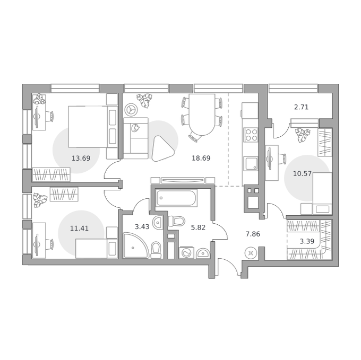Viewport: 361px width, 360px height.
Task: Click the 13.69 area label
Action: pyautogui.click(x=81, y=158)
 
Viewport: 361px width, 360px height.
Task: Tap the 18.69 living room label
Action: pyautogui.click(x=201, y=158)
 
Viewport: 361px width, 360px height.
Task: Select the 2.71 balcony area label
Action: pyautogui.click(x=301, y=107)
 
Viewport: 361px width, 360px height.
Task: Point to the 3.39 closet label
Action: pyautogui.click(x=307, y=241)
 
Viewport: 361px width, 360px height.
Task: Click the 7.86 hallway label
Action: pyautogui.click(x=253, y=234)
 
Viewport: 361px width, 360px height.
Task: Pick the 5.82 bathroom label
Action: pyautogui.click(x=198, y=227)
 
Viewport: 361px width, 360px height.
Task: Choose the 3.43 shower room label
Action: pyautogui.click(x=142, y=227)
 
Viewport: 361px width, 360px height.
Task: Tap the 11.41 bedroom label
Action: pyautogui.click(x=79, y=229)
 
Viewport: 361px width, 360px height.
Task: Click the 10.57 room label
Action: pyautogui.click(x=302, y=173)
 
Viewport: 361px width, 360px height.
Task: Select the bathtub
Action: pyautogui.click(x=176, y=197)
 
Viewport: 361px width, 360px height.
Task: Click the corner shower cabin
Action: pyautogui.click(x=136, y=245)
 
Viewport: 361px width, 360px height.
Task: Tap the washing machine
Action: pyautogui.click(x=186, y=253)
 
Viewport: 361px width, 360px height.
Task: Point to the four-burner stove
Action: pyautogui.click(x=251, y=135)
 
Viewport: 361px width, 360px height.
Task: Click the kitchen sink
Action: pyautogui.click(x=251, y=164)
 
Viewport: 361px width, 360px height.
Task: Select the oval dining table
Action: pyautogui.click(x=202, y=115)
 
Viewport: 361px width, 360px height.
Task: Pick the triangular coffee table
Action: pyautogui.click(x=163, y=149)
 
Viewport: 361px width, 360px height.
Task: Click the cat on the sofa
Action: pyautogui.click(x=135, y=128)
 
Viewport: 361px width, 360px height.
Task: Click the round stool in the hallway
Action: pyautogui.click(x=251, y=253)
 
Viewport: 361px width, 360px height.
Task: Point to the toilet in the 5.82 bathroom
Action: pyautogui.click(x=177, y=222)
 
